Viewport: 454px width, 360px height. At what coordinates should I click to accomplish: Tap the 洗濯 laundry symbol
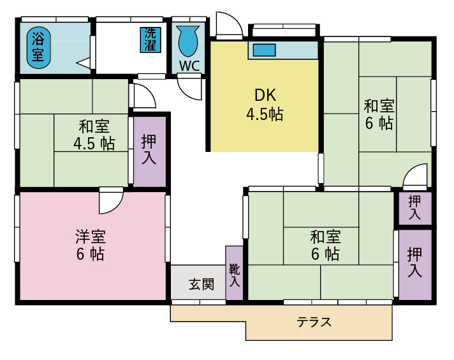click(x=150, y=40)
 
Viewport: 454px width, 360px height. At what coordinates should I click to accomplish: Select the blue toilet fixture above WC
click(x=188, y=40)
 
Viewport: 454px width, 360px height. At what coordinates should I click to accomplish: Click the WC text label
click(x=189, y=66)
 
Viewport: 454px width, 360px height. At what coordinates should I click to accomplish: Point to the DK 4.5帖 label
click(x=265, y=105)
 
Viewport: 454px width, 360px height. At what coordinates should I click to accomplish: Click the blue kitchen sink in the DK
click(x=263, y=49)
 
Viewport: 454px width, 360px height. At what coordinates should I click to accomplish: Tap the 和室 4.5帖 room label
click(x=94, y=134)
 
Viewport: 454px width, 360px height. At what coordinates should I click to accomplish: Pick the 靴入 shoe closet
click(x=235, y=273)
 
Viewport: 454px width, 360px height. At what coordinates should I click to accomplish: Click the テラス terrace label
click(x=314, y=322)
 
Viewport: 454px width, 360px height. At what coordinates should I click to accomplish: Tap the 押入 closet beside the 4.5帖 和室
click(x=149, y=151)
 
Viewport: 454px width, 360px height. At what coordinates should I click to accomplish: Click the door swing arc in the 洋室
click(x=110, y=202)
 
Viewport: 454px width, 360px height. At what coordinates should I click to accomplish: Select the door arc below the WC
click(x=190, y=87)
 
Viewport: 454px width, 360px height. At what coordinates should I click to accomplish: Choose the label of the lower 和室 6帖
click(x=325, y=245)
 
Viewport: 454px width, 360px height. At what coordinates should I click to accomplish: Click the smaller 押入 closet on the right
click(x=414, y=208)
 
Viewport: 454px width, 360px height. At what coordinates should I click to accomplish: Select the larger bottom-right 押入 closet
click(x=414, y=263)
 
